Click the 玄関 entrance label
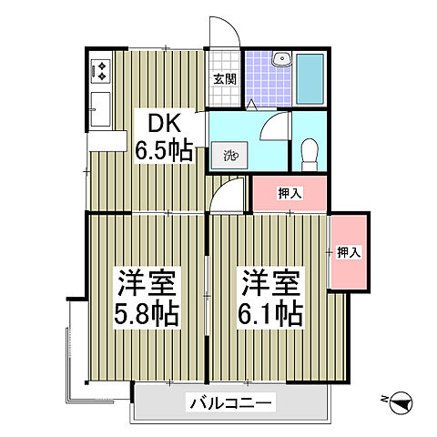coord(225,78)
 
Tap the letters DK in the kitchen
coord(155,122)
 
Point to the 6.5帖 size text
coord(164,148)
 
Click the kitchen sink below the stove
coord(100,110)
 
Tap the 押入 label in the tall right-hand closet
coord(348,251)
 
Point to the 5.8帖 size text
coord(146,315)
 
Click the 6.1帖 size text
coord(270,315)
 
